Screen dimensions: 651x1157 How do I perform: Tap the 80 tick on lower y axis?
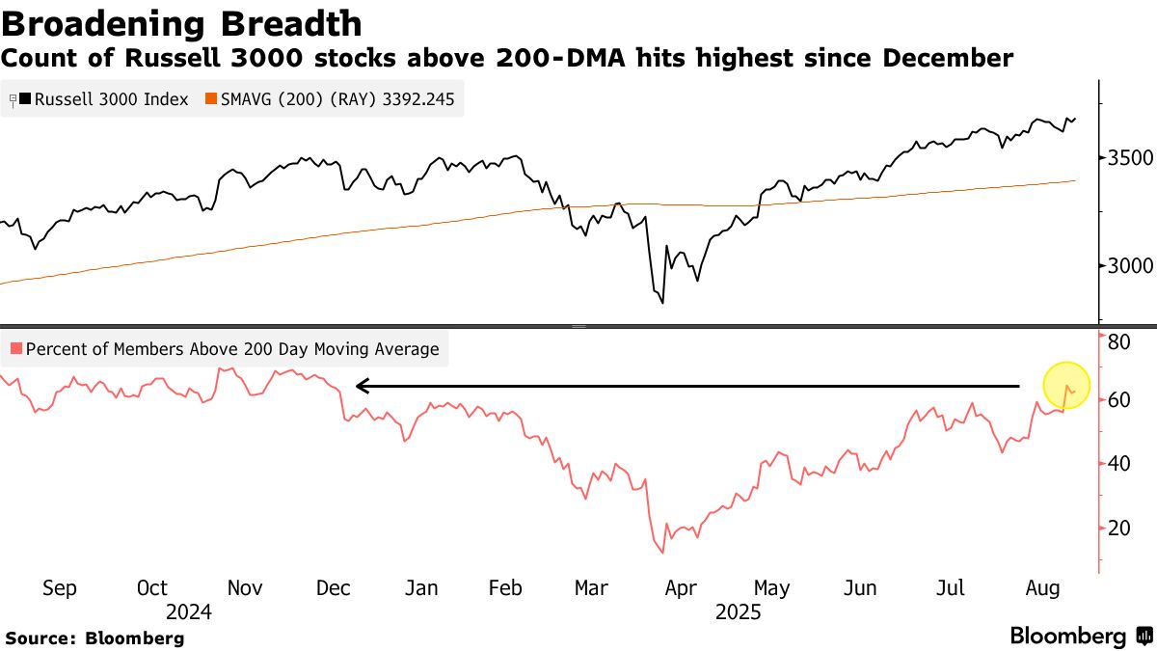point(1118,341)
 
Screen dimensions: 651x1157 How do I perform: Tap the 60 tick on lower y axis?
point(1118,399)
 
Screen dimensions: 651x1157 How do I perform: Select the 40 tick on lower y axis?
point(1118,463)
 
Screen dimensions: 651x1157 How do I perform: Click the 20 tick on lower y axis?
point(1118,528)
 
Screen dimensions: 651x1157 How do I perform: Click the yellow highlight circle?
point(1066,384)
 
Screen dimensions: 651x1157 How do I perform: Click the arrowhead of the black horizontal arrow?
point(361,386)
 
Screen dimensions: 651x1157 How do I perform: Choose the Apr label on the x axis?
point(682,588)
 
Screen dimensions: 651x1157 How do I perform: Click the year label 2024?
point(188,612)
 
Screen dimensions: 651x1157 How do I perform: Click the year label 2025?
point(738,612)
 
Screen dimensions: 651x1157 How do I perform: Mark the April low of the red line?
point(662,552)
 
